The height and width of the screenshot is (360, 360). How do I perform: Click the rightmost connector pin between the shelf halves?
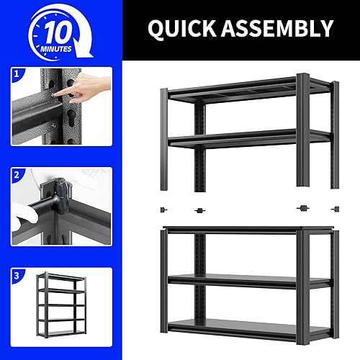click(x=333, y=209)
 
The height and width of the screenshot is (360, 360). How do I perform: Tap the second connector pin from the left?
click(x=199, y=211)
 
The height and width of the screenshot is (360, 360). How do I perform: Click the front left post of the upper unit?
click(x=165, y=137)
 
